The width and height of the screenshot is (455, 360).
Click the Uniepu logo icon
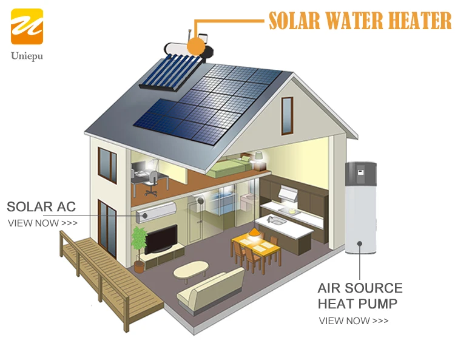[x=27, y=26]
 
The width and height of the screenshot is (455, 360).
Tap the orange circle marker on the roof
[x=196, y=46]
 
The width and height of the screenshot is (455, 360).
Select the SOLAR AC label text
[x=41, y=206]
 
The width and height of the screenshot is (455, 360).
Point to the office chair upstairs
[x=152, y=182]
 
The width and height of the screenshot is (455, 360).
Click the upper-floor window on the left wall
[x=107, y=165]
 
